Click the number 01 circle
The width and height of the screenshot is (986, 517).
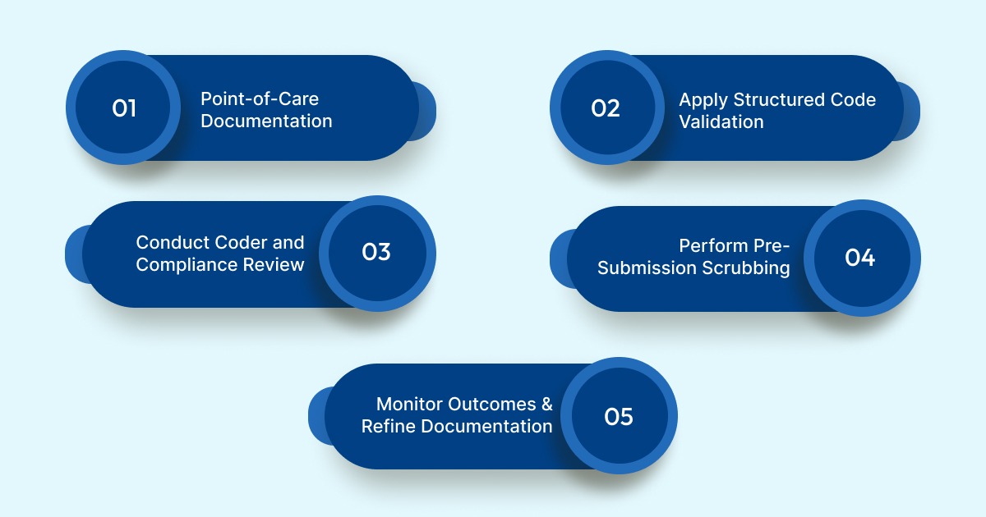[123, 108]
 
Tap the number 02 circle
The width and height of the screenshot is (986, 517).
[606, 108]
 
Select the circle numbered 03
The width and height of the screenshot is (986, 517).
[376, 253]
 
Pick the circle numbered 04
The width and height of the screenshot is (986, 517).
[860, 258]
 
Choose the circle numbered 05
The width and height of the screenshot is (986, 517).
[619, 417]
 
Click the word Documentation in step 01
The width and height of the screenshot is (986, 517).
[267, 121]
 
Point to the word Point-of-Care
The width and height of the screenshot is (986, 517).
[260, 99]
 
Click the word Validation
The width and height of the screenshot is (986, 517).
[721, 122]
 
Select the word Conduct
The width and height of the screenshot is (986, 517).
[173, 243]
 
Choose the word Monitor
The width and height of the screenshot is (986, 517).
[409, 405]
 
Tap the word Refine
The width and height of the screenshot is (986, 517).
[389, 427]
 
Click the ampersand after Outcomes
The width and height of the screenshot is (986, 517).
[546, 405]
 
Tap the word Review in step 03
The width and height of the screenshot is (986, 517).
[277, 265]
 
